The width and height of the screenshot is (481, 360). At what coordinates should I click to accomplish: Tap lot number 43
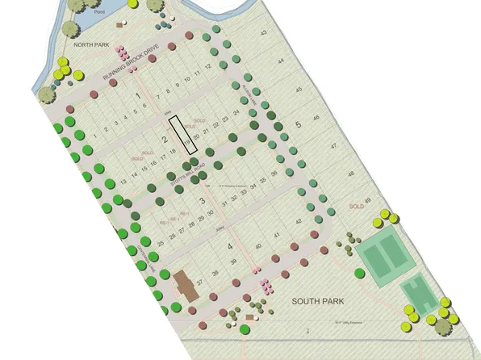[x=263, y=32]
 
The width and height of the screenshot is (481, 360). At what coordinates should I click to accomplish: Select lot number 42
[x=298, y=220]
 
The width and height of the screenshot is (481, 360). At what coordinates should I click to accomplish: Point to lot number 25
[x=161, y=241]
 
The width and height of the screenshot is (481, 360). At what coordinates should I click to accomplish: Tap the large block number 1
[x=138, y=96]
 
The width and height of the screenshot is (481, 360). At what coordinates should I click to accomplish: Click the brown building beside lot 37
[x=184, y=285]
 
